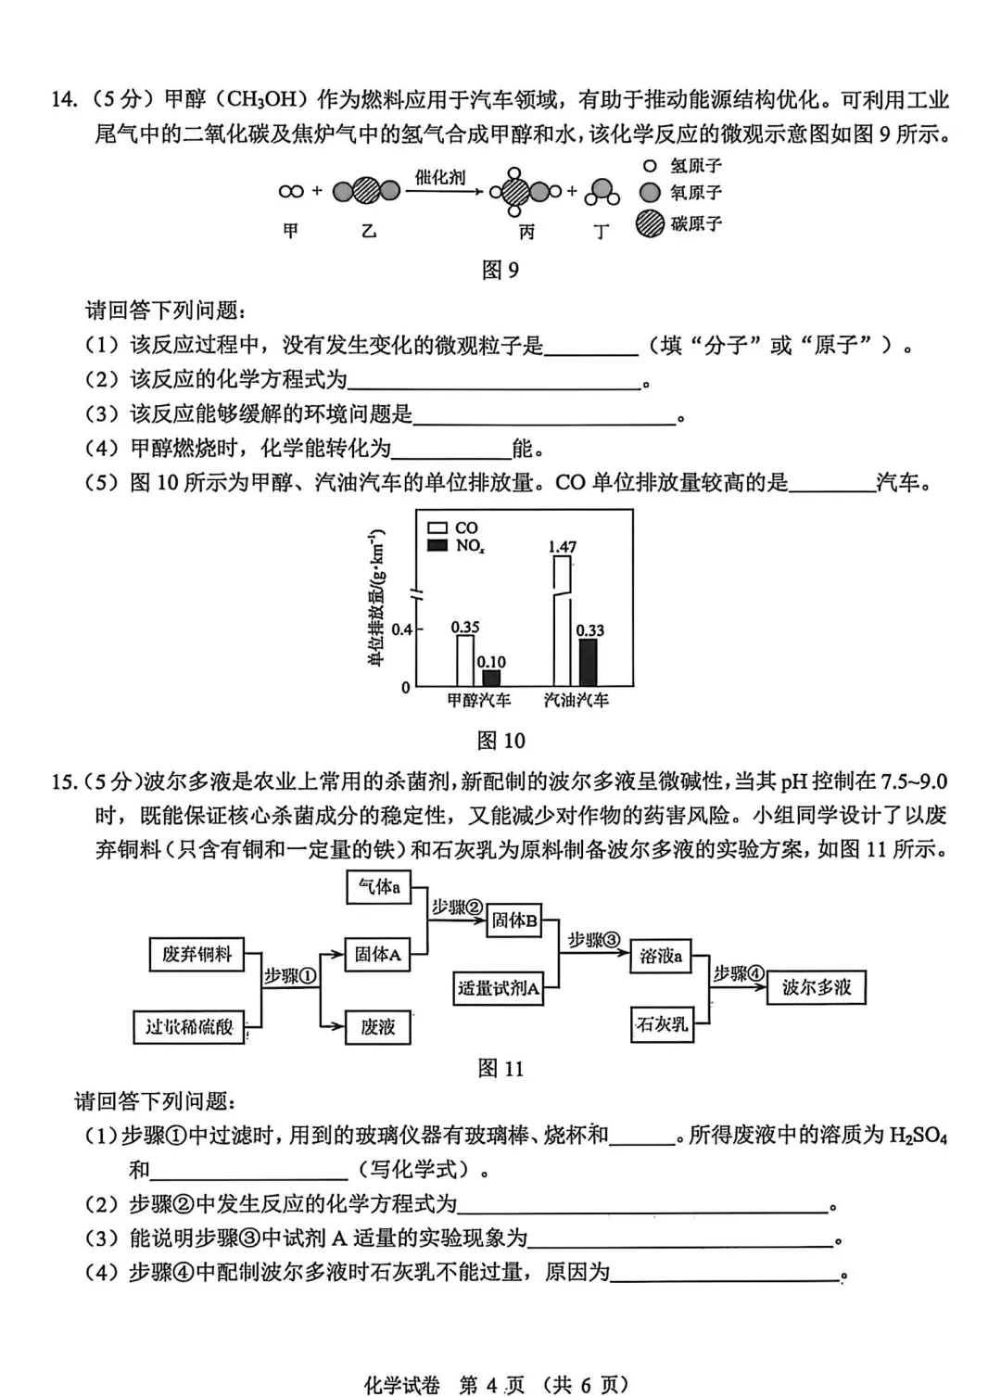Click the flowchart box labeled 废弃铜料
point(196,954)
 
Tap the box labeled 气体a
point(378,887)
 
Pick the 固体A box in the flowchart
point(378,954)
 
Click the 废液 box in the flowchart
point(378,1027)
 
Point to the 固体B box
point(514,920)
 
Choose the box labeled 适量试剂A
point(499,988)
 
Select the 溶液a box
point(662,956)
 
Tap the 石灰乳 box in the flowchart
point(662,1024)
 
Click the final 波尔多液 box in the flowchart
point(817,987)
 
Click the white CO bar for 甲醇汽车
point(465,660)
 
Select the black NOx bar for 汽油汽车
point(588,662)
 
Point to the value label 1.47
point(563,547)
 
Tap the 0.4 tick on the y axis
point(401,629)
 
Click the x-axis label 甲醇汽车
point(479,700)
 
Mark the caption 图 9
point(500,270)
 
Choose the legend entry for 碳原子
point(678,223)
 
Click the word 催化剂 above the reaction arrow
point(440,177)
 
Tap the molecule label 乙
point(369,231)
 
